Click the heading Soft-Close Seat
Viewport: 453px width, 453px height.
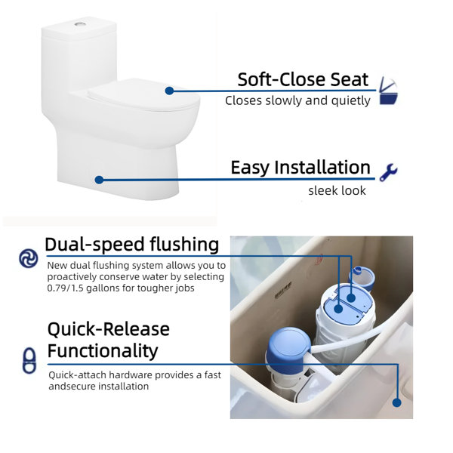(303, 79)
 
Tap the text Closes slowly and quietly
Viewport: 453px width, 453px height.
(297, 100)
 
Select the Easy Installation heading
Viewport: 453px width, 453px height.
(300, 168)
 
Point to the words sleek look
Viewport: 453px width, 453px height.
(337, 190)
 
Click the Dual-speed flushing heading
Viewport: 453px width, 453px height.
(131, 245)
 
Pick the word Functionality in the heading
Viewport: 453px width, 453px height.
(103, 350)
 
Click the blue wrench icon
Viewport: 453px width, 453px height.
(388, 171)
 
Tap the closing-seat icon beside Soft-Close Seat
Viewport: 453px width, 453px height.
(388, 91)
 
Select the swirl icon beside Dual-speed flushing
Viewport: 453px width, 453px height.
(29, 258)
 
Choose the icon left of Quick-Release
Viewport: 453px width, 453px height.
(29, 360)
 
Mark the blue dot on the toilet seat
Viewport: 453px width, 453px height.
(169, 91)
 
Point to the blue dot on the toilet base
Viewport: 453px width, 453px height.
(99, 180)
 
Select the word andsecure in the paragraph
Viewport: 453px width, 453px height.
(72, 386)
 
